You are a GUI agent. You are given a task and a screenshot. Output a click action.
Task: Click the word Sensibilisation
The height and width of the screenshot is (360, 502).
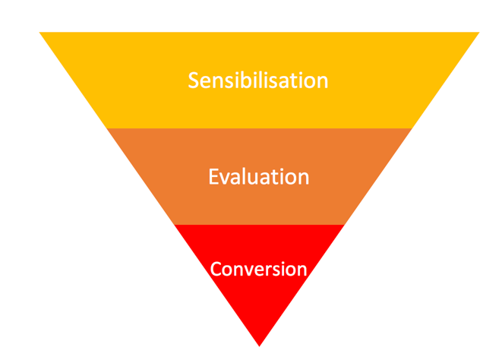pyautogui.click(x=258, y=81)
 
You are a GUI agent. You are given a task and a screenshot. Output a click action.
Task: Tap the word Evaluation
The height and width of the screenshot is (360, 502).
pyautogui.click(x=258, y=177)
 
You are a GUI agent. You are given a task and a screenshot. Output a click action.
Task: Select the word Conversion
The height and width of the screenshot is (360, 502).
pyautogui.click(x=258, y=269)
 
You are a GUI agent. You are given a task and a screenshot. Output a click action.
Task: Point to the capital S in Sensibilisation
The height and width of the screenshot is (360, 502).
pyautogui.click(x=194, y=81)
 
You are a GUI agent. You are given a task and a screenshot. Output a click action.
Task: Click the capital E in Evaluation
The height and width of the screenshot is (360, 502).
pyautogui.click(x=214, y=177)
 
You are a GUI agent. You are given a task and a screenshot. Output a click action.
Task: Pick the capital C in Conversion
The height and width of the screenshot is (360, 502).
pyautogui.click(x=216, y=269)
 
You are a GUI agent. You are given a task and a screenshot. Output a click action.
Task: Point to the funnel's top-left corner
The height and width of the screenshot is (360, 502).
pyautogui.click(x=39, y=33)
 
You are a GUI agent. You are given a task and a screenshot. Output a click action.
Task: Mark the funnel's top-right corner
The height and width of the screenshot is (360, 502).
pyautogui.click(x=479, y=33)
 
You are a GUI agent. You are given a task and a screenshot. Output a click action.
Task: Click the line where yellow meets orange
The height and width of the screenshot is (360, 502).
pyautogui.click(x=259, y=128)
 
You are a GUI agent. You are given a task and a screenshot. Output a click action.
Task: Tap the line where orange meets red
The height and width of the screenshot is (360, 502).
pyautogui.click(x=259, y=225)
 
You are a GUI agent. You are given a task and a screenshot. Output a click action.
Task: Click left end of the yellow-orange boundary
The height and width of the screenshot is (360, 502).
pyautogui.click(x=106, y=128)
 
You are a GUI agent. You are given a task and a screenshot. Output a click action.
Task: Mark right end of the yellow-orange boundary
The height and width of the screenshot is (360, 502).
pyautogui.click(x=412, y=128)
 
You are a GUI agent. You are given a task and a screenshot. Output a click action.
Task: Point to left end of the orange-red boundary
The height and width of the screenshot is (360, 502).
pyautogui.click(x=174, y=225)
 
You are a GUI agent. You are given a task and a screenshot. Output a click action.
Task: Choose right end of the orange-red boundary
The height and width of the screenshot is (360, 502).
pyautogui.click(x=345, y=225)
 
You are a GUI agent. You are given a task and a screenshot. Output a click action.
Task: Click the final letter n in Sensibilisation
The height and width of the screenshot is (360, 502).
pyautogui.click(x=323, y=81)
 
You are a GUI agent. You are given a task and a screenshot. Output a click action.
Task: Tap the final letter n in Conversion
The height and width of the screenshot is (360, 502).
pyautogui.click(x=302, y=270)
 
